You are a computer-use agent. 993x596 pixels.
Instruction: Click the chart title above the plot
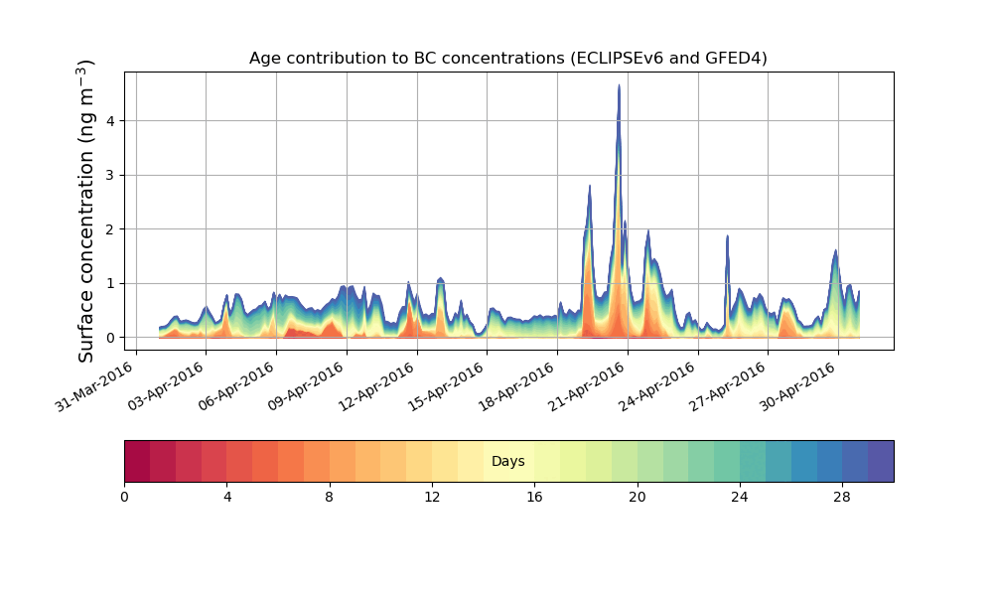[x=507, y=58]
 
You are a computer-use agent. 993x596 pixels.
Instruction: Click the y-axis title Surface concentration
[x=86, y=211]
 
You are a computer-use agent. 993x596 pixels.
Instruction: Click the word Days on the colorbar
[x=507, y=462]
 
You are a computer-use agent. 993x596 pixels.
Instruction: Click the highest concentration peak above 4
[x=619, y=87]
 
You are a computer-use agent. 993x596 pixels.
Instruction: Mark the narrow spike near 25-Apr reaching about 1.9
[x=728, y=237]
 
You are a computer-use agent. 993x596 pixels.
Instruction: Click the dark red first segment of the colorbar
[x=137, y=461]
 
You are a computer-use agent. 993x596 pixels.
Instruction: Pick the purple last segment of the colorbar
[x=881, y=461]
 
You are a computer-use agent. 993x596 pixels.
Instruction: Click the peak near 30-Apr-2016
[x=836, y=251]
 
